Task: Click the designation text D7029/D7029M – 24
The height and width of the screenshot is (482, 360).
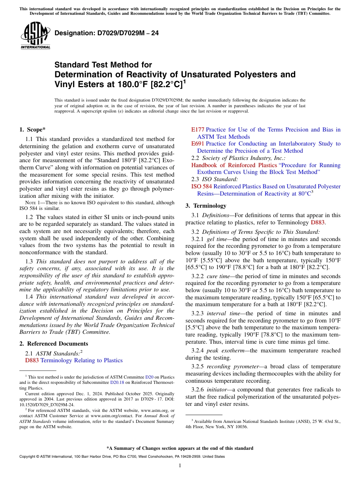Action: [x=106, y=33]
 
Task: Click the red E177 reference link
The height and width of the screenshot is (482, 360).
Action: [x=197, y=130]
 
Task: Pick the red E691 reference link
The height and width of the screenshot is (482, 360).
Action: [x=197, y=144]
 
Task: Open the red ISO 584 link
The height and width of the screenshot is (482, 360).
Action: [x=201, y=186]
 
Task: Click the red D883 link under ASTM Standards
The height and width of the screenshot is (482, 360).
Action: [x=32, y=360]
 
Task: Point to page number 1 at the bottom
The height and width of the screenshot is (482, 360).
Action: [x=180, y=465]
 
